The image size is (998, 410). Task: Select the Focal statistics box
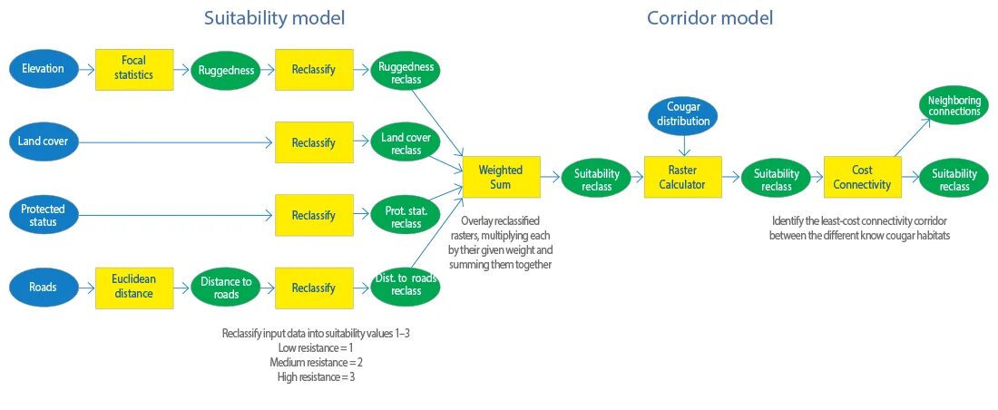pyautogui.click(x=133, y=70)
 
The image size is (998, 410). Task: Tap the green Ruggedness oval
pyautogui.click(x=225, y=70)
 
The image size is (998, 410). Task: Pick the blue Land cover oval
pyautogui.click(x=44, y=142)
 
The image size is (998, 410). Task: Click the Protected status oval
pyautogui.click(x=44, y=215)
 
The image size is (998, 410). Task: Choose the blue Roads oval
pyautogui.click(x=44, y=288)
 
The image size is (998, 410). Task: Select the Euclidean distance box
pyautogui.click(x=133, y=288)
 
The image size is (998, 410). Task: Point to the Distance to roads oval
pyautogui.click(x=225, y=288)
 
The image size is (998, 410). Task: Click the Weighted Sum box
pyautogui.click(x=501, y=176)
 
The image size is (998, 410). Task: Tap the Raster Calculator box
pyautogui.click(x=683, y=176)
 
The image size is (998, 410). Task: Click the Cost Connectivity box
pyautogui.click(x=863, y=176)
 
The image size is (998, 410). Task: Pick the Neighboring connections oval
pyautogui.click(x=954, y=105)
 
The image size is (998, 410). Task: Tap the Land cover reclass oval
pyautogui.click(x=406, y=142)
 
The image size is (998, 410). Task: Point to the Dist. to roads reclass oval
pyautogui.click(x=406, y=288)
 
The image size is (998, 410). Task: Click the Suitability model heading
pyautogui.click(x=274, y=18)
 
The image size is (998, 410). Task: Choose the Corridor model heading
pyautogui.click(x=709, y=18)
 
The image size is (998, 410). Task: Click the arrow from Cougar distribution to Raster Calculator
pyautogui.click(x=683, y=146)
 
